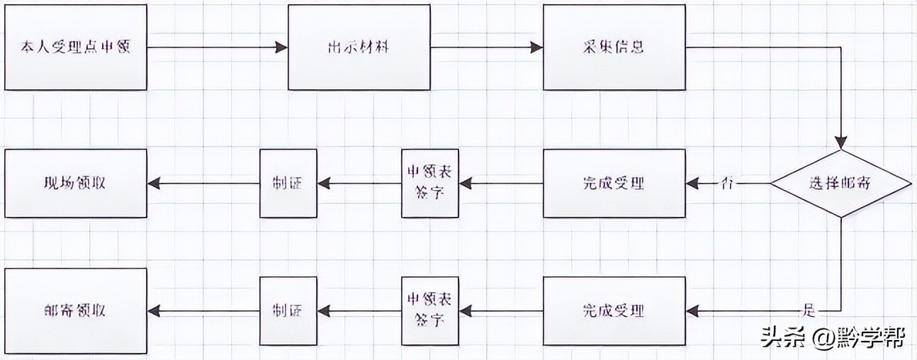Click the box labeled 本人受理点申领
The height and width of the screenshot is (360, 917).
[x=76, y=47]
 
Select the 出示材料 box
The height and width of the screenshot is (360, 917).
[x=359, y=47]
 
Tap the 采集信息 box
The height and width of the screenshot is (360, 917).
[x=614, y=47]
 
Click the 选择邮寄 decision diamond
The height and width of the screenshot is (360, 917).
[x=840, y=183]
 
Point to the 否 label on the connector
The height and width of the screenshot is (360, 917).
[x=726, y=183]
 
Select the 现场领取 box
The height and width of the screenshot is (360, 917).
[x=76, y=183]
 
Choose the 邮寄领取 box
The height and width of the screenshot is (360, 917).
[x=76, y=310]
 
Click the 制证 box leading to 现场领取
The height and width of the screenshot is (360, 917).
[x=288, y=183]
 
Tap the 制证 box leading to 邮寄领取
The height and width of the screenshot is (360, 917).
[x=288, y=310]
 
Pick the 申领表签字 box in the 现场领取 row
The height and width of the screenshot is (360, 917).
[x=429, y=183]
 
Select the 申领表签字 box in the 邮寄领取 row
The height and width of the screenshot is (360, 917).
[x=429, y=310]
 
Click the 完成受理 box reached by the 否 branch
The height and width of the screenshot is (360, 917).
[x=614, y=183]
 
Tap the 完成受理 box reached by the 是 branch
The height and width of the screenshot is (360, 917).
[x=614, y=310]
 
